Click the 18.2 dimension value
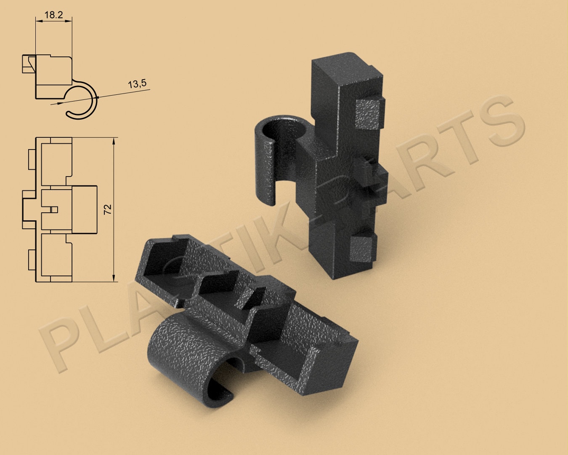pyautogui.click(x=53, y=15)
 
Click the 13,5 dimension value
pyautogui.click(x=137, y=84)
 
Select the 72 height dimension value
pyautogui.click(x=107, y=209)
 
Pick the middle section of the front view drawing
pyautogui.click(x=69, y=209)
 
